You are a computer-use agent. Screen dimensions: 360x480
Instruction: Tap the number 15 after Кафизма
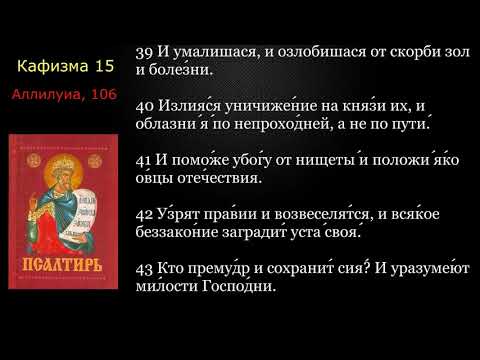[103, 67]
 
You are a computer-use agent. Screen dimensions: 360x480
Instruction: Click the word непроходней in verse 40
[277, 127]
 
